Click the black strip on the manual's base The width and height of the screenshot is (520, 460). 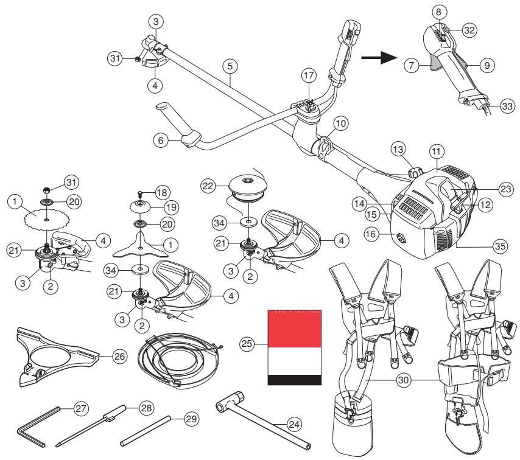(x=295, y=380)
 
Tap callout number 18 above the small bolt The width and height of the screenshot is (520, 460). (x=161, y=190)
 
